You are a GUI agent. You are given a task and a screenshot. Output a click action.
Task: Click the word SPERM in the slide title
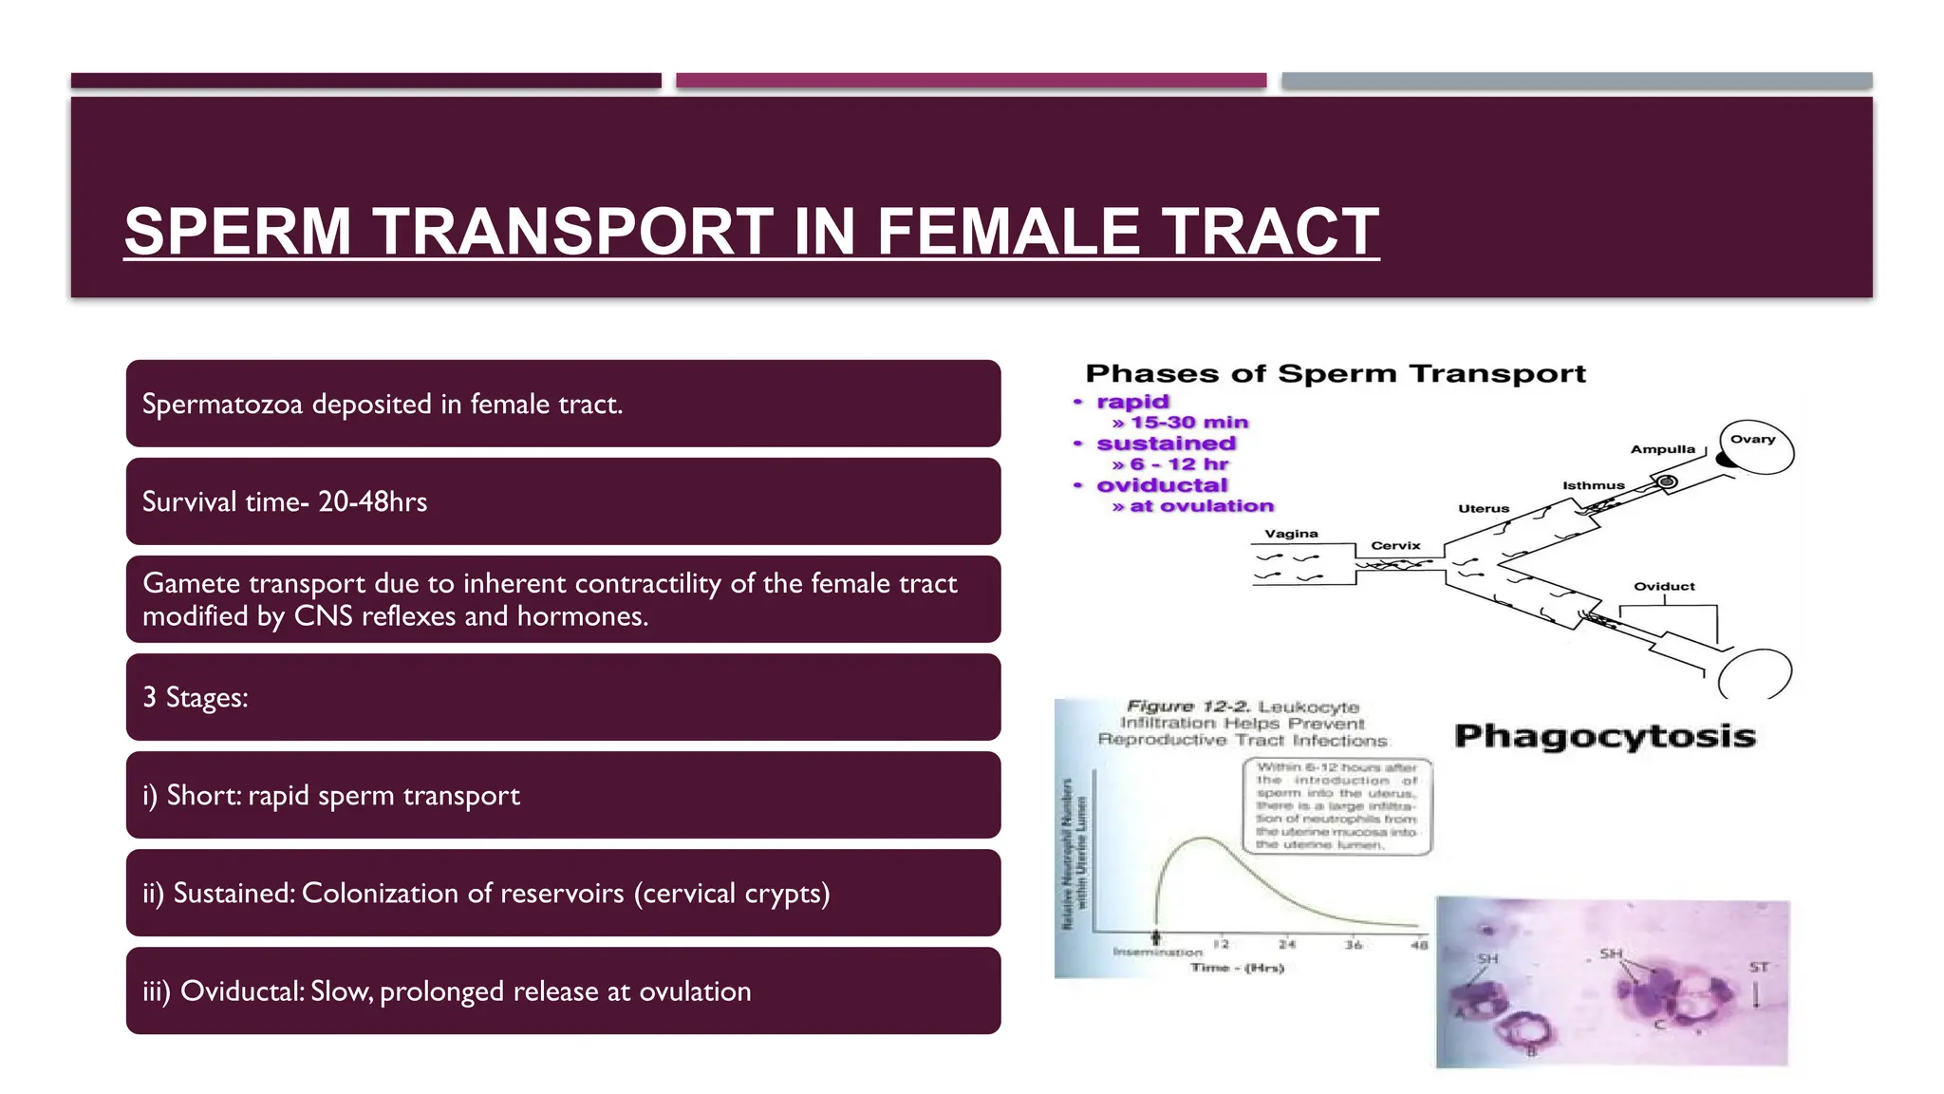pyautogui.click(x=238, y=232)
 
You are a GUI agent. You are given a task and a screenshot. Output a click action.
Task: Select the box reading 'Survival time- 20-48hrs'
pyautogui.click(x=563, y=501)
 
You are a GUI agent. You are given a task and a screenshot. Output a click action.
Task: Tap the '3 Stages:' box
pyautogui.click(x=563, y=697)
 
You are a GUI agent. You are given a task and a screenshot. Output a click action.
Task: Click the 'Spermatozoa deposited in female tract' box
pyautogui.click(x=563, y=404)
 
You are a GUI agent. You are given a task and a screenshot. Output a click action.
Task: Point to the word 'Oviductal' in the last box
pyautogui.click(x=241, y=991)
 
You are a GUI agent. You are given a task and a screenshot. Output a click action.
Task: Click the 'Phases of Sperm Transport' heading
pyautogui.click(x=1335, y=374)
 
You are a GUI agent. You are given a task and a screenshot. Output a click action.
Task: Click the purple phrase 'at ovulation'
pyautogui.click(x=1201, y=506)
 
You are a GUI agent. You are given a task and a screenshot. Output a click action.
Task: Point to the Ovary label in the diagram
pyautogui.click(x=1752, y=439)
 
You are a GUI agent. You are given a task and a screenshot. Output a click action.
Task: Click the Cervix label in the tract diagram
pyautogui.click(x=1395, y=545)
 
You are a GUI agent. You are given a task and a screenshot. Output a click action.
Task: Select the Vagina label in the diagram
pyautogui.click(x=1291, y=534)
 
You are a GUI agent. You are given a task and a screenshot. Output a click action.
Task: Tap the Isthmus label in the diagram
pyautogui.click(x=1593, y=485)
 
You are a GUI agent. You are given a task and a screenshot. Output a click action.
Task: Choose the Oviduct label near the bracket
pyautogui.click(x=1663, y=586)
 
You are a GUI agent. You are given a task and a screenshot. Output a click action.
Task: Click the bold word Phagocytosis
pyautogui.click(x=1604, y=736)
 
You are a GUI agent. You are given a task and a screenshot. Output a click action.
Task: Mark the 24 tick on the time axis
pyautogui.click(x=1286, y=944)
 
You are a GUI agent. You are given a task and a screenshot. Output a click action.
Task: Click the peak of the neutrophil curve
pyautogui.click(x=1204, y=838)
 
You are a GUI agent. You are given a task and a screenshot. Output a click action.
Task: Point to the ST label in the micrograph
pyautogui.click(x=1758, y=968)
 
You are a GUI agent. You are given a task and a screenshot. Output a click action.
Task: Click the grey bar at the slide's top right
pyautogui.click(x=1576, y=81)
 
